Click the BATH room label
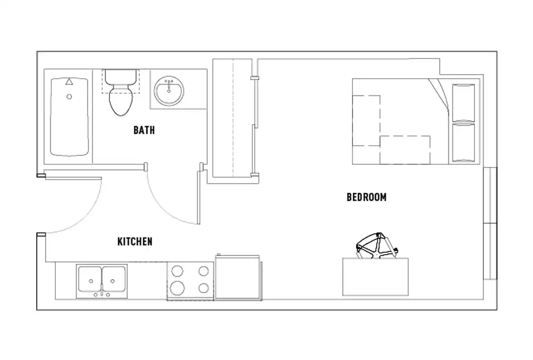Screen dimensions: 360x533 pos(144,130)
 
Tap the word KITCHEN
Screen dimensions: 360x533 pos(135,242)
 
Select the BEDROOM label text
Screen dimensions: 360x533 pos(366,197)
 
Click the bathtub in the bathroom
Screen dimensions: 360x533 pos(69,121)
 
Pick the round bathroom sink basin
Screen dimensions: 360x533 pos(169,91)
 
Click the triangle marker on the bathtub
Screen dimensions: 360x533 pos(69,82)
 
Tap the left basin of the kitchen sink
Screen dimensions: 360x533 pos(90,279)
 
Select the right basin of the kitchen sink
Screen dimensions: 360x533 pos(114,279)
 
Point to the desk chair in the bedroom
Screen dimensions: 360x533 pos(375,247)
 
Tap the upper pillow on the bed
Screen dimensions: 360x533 pos(463,102)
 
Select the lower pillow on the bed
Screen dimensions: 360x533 pos(463,142)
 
